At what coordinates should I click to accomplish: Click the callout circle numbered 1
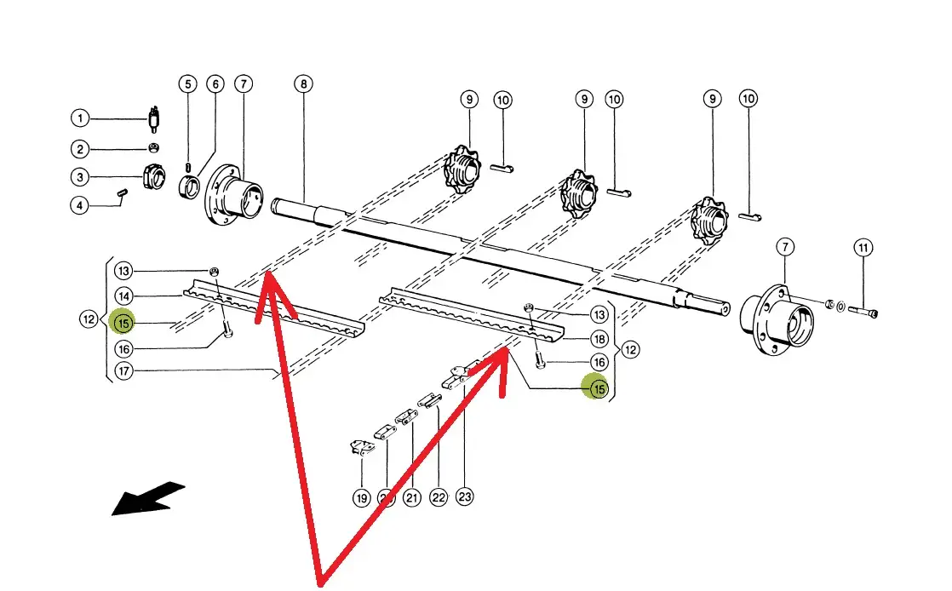pyautogui.click(x=80, y=118)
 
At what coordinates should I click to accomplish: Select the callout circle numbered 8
pyautogui.click(x=304, y=84)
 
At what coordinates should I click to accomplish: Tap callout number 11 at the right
pyautogui.click(x=863, y=249)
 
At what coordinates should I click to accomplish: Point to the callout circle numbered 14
pyautogui.click(x=124, y=296)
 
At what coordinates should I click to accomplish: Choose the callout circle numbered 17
pyautogui.click(x=124, y=372)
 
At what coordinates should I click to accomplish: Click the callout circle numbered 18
pyautogui.click(x=599, y=339)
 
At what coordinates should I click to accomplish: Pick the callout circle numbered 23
pyautogui.click(x=465, y=496)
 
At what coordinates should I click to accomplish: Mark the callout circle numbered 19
pyautogui.click(x=362, y=497)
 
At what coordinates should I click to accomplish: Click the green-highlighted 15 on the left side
pyautogui.click(x=123, y=323)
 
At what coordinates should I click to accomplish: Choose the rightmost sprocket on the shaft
pyautogui.click(x=712, y=220)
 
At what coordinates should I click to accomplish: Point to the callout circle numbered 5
pyautogui.click(x=187, y=84)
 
